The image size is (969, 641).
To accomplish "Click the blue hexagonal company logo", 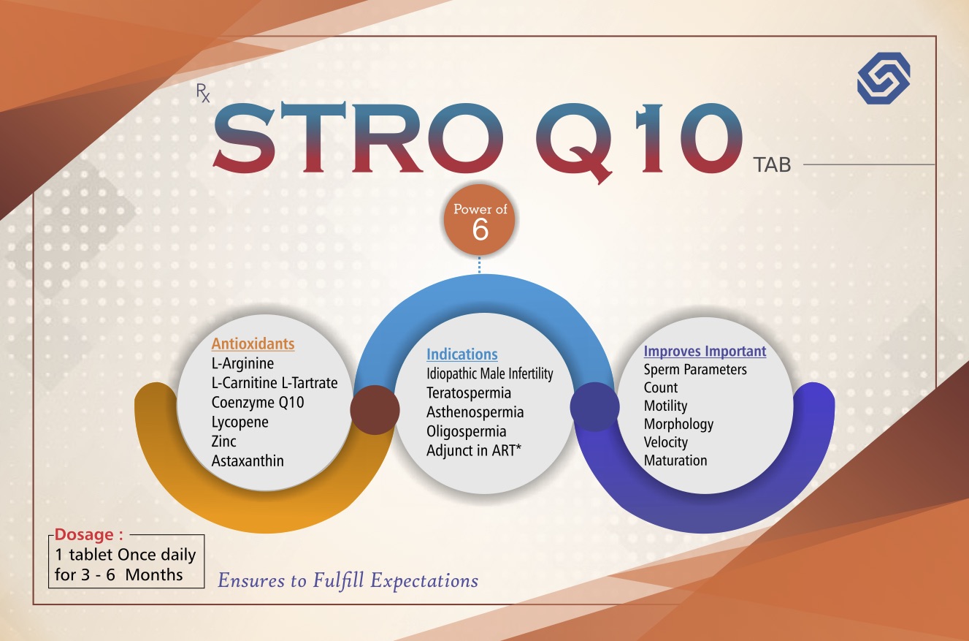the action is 884,78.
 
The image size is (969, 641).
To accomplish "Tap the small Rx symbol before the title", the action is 202,93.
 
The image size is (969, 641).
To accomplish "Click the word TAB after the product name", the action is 772,165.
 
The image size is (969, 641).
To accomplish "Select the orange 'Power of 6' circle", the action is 480,220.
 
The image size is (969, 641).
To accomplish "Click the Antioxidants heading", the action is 253,344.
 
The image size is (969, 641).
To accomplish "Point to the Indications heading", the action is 462,354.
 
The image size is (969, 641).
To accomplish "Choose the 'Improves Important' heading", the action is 705,351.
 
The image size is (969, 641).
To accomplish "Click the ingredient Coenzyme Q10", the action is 258,402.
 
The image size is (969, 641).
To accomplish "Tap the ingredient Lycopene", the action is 240,422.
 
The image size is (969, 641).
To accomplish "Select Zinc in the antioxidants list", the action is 223,441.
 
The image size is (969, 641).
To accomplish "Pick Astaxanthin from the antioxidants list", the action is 248,460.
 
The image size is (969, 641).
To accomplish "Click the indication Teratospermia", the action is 469,393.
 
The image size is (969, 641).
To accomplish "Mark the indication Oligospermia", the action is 467,431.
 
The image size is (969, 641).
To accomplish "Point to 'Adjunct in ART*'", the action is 474,450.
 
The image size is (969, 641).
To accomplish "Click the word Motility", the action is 665,406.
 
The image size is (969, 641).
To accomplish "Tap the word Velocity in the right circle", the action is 666,442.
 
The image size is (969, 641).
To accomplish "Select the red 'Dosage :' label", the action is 88,534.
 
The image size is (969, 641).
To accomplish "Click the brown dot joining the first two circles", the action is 375,410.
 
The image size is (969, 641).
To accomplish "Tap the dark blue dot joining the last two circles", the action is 595,406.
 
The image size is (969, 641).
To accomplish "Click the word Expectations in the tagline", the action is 424,580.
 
